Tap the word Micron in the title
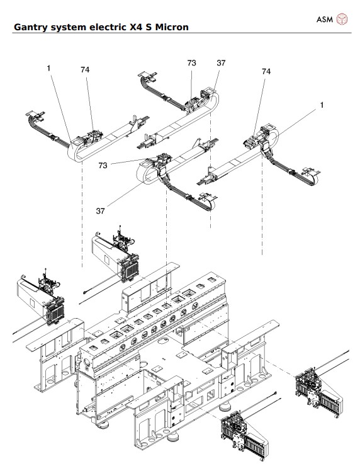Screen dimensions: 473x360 coord(170,27)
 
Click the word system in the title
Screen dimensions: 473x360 coord(68,27)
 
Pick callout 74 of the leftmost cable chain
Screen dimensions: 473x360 coord(85,70)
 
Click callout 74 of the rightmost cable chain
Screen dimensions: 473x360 coord(266,72)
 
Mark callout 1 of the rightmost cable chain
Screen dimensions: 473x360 coord(322,105)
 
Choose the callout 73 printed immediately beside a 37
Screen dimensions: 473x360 coord(192,64)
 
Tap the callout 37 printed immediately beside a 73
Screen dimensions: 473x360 coord(221,64)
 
